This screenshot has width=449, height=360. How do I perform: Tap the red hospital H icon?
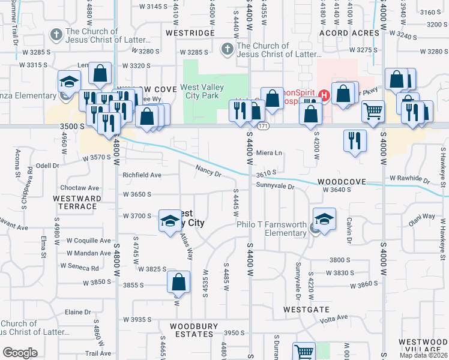(x=325, y=95)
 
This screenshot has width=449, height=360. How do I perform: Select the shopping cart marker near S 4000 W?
(x=373, y=111)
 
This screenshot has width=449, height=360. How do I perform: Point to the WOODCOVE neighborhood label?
(x=342, y=181)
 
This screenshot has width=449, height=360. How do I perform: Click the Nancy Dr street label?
(x=208, y=171)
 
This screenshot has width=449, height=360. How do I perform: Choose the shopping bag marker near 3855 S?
(x=179, y=281)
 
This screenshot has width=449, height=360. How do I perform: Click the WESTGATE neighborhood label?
(x=307, y=310)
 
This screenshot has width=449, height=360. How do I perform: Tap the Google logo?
(x=20, y=353)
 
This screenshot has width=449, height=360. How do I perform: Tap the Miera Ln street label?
(x=269, y=153)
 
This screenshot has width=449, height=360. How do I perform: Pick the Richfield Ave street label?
(x=142, y=175)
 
